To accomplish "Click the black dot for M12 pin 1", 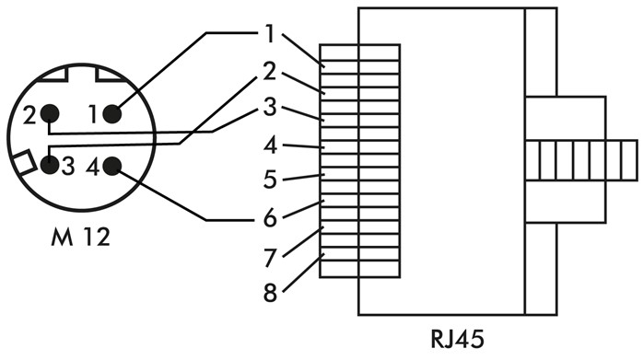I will (x=111, y=114).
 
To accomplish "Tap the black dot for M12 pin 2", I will (x=50, y=114).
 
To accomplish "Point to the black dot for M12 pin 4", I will (x=111, y=167).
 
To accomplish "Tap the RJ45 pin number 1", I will (x=270, y=34).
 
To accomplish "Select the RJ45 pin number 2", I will (x=270, y=71).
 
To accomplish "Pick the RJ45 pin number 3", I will (x=270, y=108).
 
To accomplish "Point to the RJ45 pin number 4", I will (x=270, y=145).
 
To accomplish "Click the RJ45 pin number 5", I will (x=270, y=180).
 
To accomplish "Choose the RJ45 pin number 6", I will (x=270, y=218).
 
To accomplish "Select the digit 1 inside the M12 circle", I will (x=92, y=115).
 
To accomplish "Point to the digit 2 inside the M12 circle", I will (x=30, y=115).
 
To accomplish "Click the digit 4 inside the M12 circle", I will (x=92, y=168).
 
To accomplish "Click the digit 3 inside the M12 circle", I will (x=68, y=168).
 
